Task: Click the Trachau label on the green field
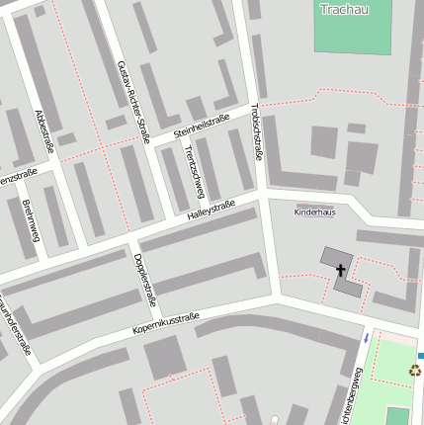344,10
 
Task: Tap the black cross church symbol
341,269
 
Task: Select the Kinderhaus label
315,212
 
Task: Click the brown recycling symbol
415,372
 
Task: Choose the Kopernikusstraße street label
166,323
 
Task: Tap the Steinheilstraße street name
201,126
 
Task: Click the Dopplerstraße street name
143,279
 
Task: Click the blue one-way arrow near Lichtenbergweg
365,338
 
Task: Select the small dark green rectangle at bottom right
397,415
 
